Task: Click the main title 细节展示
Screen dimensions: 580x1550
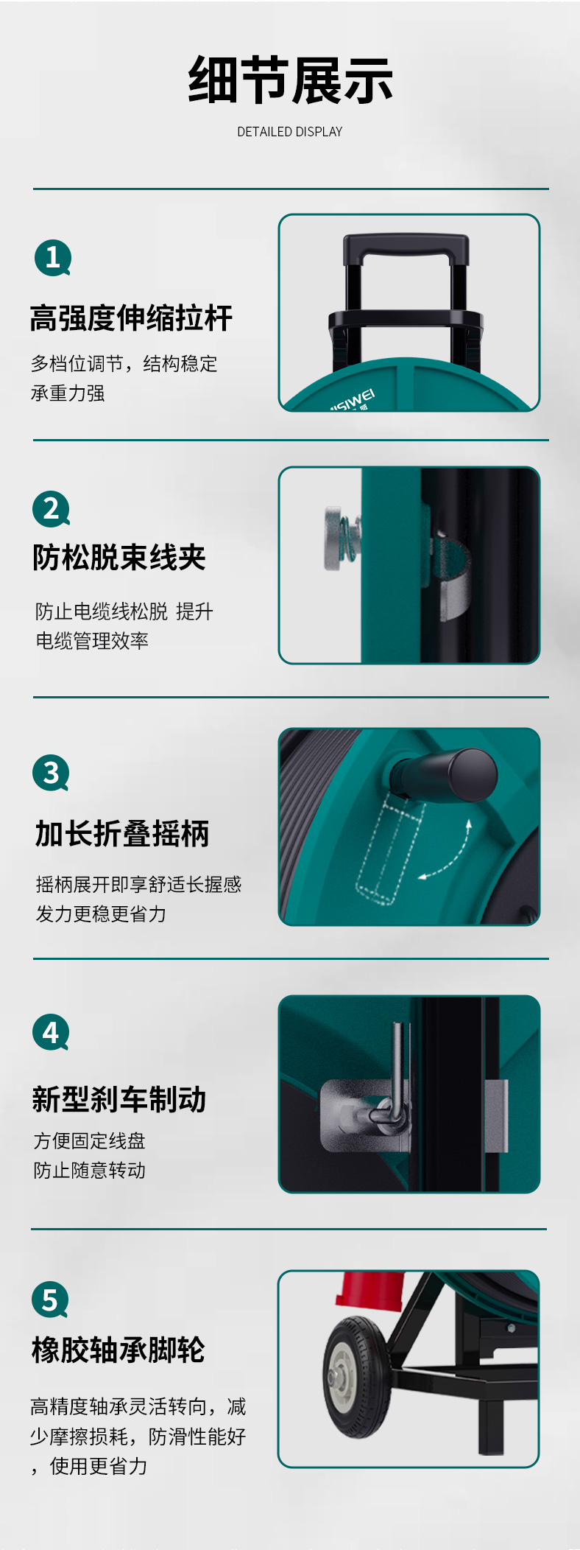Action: click(290, 80)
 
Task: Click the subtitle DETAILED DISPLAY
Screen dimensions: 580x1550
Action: click(290, 132)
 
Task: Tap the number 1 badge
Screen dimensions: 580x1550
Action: click(53, 258)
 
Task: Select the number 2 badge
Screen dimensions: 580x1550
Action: click(52, 509)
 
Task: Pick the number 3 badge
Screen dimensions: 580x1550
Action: click(51, 773)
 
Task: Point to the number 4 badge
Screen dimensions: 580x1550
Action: click(51, 1033)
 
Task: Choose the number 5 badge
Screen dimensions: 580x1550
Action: click(50, 1300)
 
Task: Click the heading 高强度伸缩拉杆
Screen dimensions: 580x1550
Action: click(131, 318)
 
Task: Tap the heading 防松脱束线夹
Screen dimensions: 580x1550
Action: click(119, 558)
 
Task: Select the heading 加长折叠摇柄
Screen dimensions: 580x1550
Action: click(122, 834)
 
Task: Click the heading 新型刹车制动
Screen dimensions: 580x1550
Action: click(119, 1099)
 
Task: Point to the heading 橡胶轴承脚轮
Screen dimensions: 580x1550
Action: click(119, 1350)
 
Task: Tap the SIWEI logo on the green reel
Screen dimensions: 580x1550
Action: click(352, 401)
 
